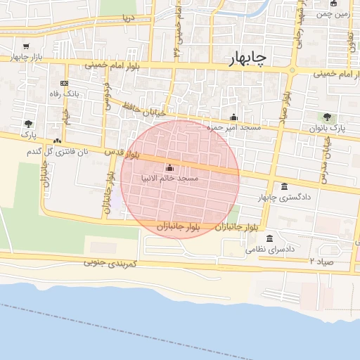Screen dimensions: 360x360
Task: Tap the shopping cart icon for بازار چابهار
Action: pyautogui.click(x=27, y=44)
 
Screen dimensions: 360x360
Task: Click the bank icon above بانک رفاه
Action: pyautogui.click(x=65, y=83)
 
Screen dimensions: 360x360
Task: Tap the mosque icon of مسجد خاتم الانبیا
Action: pyautogui.click(x=169, y=168)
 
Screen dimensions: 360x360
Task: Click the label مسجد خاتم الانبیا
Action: pyautogui.click(x=169, y=179)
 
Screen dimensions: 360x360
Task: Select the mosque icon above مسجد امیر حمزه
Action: pyautogui.click(x=234, y=117)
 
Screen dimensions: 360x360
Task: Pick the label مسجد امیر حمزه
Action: pyautogui.click(x=234, y=128)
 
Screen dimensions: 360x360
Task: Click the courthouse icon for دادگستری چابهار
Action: pyautogui.click(x=284, y=186)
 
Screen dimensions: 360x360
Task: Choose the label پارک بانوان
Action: pyautogui.click(x=328, y=129)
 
